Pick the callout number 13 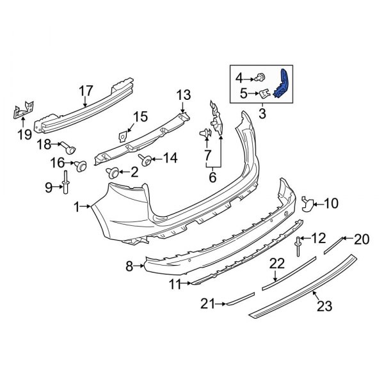(x=184, y=95)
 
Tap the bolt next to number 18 (x=68, y=147)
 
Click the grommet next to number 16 (x=81, y=166)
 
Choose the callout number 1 (x=77, y=207)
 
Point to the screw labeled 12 (x=298, y=246)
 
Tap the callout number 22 (x=276, y=262)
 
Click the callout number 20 (x=362, y=240)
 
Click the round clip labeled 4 (x=262, y=78)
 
